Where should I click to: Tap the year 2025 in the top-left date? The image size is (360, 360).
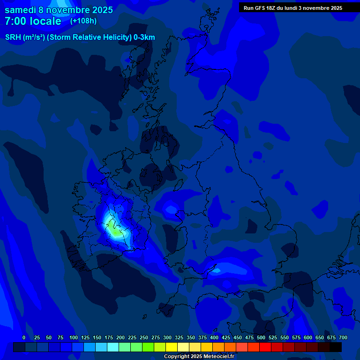click(x=99, y=10)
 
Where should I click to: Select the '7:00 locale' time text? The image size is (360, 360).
click(x=33, y=22)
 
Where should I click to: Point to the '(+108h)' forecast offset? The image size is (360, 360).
click(x=83, y=21)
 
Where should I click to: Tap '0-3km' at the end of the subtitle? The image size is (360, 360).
click(x=144, y=37)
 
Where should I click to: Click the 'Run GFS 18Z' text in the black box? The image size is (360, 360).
click(x=260, y=8)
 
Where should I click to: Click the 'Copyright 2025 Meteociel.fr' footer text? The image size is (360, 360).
click(x=199, y=356)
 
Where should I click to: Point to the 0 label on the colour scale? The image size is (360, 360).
click(x=24, y=337)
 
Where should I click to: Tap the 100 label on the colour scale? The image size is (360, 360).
click(x=74, y=337)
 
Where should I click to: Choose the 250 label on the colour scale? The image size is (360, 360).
click(x=144, y=337)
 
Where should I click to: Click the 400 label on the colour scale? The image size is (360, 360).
click(x=214, y=337)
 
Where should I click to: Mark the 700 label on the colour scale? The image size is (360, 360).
click(x=343, y=337)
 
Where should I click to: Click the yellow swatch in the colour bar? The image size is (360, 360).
click(x=172, y=347)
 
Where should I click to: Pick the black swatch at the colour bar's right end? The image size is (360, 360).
click(x=336, y=347)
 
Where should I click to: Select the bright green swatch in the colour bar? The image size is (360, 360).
click(x=148, y=347)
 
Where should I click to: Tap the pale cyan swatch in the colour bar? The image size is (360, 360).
click(x=113, y=347)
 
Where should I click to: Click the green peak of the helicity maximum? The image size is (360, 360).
click(x=114, y=231)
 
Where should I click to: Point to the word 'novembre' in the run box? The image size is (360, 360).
click(x=316, y=8)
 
